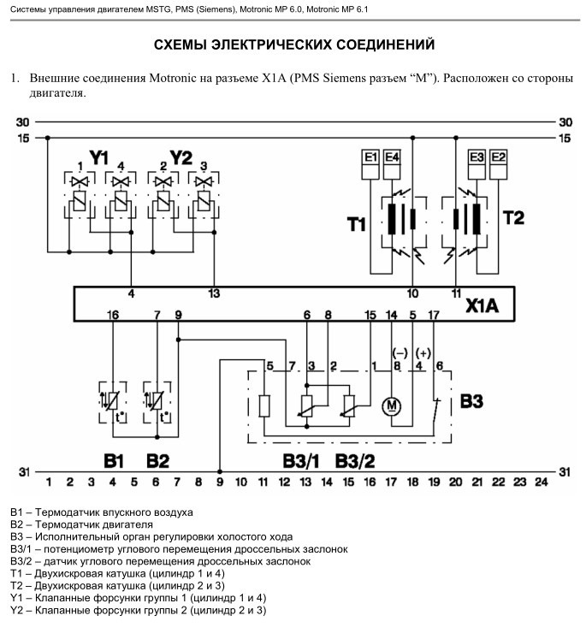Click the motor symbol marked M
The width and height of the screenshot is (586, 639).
coord(391,405)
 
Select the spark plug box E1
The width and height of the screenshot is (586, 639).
coord(370,164)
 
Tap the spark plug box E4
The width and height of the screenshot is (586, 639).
coord(392,164)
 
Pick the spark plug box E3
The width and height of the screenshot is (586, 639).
coord(476,164)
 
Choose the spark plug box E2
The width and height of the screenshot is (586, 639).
coord(498,164)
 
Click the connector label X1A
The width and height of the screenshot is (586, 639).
coord(482,305)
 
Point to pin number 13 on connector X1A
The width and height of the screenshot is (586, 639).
coord(214,293)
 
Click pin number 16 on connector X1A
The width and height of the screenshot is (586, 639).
coord(113,315)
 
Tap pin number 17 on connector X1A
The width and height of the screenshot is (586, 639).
coord(434,315)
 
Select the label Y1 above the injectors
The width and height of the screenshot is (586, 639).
coord(99,157)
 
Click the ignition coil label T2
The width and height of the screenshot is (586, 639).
coord(513,217)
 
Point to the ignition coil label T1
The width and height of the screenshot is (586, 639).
coord(356,224)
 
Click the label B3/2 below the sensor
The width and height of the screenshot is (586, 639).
coord(355,461)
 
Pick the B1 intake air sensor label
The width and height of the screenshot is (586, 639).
coord(113,461)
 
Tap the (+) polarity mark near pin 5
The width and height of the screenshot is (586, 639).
coord(423,353)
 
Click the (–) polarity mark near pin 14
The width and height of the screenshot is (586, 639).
coord(400,353)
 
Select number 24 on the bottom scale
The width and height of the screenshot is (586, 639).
coord(542,482)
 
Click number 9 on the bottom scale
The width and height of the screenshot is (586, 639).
coord(220,482)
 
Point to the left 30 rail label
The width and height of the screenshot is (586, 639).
coord(23,121)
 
